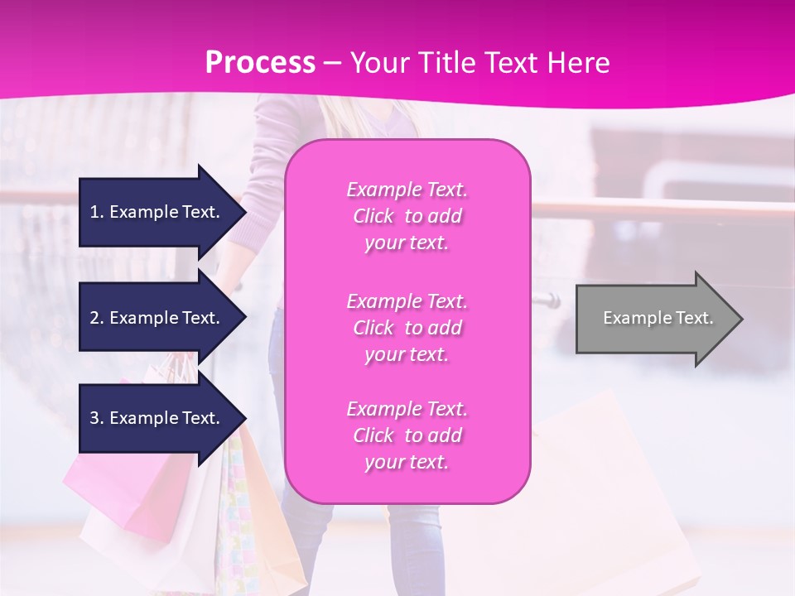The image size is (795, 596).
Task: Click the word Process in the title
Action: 260,63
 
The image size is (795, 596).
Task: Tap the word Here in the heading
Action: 575,63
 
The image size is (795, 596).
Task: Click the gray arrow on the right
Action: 654,318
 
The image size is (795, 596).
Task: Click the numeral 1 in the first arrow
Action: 95,212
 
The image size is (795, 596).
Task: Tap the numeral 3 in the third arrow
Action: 95,418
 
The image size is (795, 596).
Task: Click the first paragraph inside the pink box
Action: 407,216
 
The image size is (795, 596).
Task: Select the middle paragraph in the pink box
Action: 407,328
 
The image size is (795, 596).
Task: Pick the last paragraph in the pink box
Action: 407,435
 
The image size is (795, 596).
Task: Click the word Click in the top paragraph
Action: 373,216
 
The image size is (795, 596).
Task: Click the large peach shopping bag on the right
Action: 613,497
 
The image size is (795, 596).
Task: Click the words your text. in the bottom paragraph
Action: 407,462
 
